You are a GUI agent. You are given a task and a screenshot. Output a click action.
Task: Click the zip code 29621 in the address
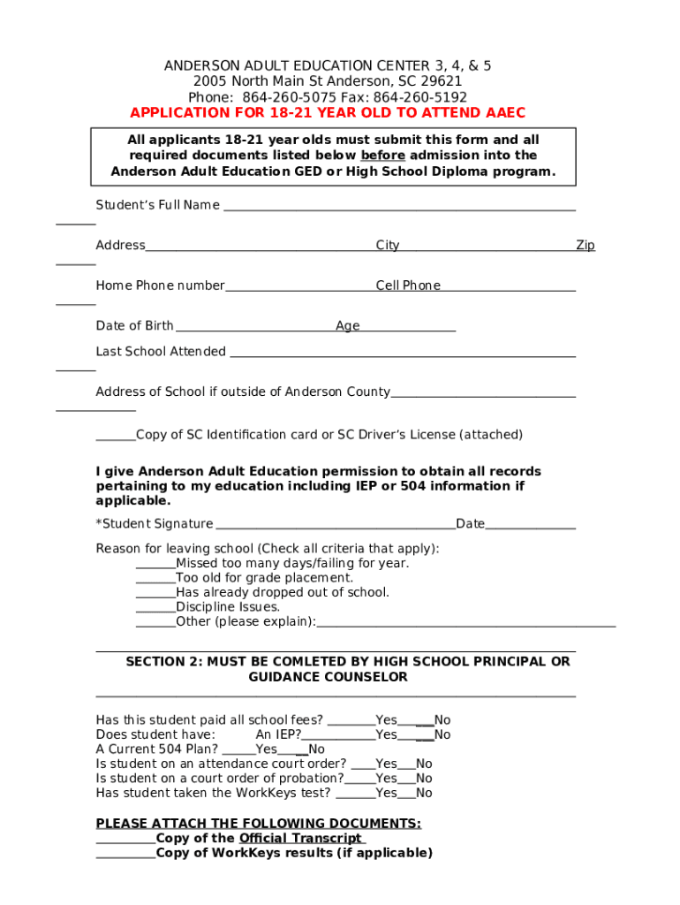(443, 81)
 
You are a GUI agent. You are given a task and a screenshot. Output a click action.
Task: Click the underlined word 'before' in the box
(382, 156)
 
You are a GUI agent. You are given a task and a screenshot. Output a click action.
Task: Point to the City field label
(388, 246)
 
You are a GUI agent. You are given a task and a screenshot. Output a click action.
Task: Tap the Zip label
(586, 246)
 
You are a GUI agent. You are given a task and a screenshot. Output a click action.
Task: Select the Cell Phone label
(408, 285)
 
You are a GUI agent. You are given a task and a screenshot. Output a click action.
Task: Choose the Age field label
(348, 326)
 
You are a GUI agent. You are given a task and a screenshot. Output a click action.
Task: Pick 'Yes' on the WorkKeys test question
(386, 793)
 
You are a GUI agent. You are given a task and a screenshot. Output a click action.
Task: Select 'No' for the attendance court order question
(424, 764)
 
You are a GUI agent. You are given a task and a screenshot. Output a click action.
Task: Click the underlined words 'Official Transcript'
(300, 838)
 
